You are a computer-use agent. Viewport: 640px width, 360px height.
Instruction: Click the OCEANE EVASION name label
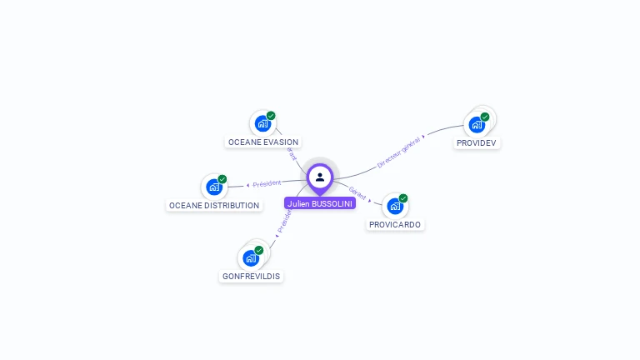point(263,142)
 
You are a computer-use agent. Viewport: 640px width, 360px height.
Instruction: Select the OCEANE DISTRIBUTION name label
point(214,205)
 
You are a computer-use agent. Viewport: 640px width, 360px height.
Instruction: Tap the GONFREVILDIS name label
point(251,276)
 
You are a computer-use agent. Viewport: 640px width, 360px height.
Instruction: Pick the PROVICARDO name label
point(395,225)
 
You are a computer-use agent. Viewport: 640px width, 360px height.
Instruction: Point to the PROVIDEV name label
point(477,143)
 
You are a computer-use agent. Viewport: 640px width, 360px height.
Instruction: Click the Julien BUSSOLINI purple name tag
point(320,203)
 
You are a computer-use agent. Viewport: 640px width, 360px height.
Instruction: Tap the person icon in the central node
point(320,177)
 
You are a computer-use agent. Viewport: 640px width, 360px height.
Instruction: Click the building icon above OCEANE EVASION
point(262,124)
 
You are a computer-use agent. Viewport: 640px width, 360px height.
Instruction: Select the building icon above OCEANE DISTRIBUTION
point(214,187)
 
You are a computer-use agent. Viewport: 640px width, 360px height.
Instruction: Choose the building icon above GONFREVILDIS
point(250,257)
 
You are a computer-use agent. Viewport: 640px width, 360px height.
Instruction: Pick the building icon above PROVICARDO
point(394,206)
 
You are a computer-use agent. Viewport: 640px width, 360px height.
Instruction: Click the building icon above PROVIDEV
point(476,124)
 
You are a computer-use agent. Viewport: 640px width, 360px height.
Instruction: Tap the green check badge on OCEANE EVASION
point(271,116)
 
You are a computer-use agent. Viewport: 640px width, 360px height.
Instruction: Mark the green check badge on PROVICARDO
point(403,198)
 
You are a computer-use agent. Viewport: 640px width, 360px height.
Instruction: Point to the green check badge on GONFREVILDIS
point(259,250)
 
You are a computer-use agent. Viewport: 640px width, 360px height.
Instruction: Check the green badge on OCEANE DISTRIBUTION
point(222,179)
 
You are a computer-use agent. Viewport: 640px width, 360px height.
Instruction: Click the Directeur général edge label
point(399,152)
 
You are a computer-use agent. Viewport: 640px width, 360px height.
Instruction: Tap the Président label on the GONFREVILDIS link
point(284,221)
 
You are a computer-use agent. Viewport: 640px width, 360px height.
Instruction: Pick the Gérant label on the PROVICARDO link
point(357,192)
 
